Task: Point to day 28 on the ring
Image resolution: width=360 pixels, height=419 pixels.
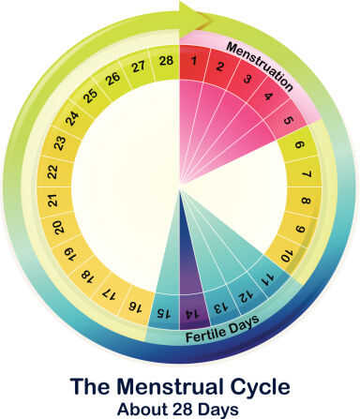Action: point(165,63)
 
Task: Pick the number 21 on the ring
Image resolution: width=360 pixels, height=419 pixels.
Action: point(55,201)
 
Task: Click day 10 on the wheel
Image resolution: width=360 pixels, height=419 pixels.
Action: point(286,255)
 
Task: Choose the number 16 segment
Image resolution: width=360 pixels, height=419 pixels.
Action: point(134,306)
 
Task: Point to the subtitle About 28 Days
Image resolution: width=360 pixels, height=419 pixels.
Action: point(180,409)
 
